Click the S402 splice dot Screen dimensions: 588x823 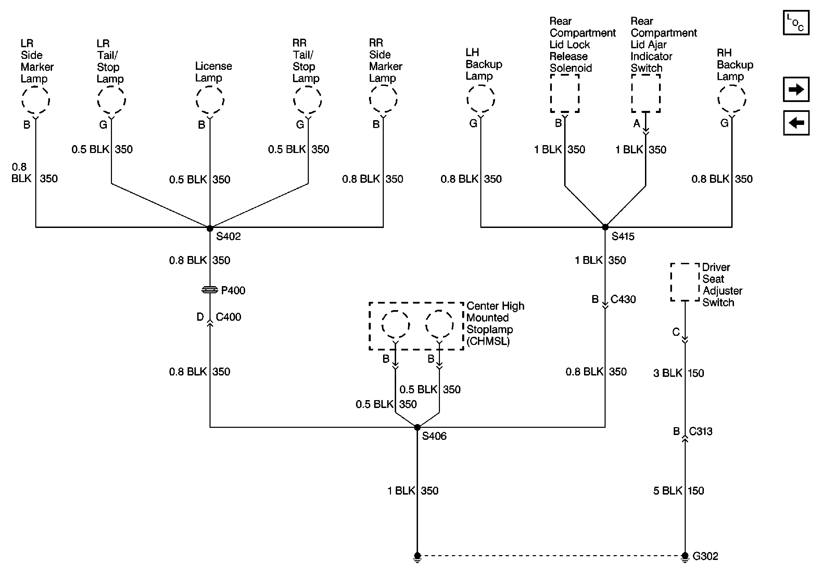(x=210, y=229)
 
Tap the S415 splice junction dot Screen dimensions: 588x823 (x=605, y=227)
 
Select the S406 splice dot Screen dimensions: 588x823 (x=417, y=427)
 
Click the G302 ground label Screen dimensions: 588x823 (x=705, y=556)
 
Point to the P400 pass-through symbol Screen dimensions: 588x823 (x=210, y=290)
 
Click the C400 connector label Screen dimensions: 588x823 (x=228, y=317)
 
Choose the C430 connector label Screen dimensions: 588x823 (x=623, y=299)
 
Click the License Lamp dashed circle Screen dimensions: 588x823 (x=210, y=100)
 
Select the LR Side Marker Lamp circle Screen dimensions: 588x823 (x=36, y=101)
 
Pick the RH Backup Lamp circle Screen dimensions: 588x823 (x=732, y=99)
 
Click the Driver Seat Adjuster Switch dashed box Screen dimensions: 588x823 (x=685, y=282)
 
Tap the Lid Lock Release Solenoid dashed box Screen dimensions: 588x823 (x=565, y=93)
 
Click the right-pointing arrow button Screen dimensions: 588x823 (x=796, y=89)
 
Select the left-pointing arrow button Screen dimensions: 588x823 (x=796, y=123)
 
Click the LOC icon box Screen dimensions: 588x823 (x=796, y=23)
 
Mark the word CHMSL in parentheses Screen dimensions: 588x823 (x=488, y=341)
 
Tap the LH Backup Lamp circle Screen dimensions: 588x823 (x=480, y=99)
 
